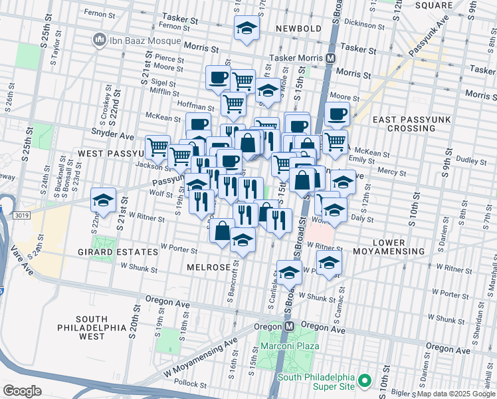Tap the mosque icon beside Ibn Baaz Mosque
[x=100, y=40]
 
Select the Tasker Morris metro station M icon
[x=330, y=59]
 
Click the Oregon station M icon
[x=289, y=327]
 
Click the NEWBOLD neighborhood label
[x=299, y=29]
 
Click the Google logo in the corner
[x=22, y=391]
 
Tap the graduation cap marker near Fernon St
[x=247, y=28]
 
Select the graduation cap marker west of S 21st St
[x=104, y=199]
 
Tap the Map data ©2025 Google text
[x=456, y=394]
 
